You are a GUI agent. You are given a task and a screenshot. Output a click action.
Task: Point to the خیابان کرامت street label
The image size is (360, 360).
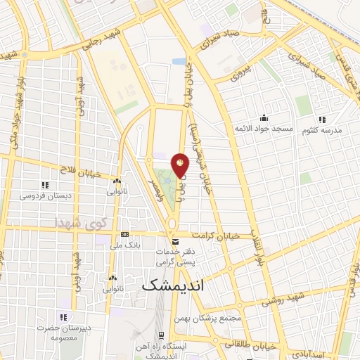point(221,236)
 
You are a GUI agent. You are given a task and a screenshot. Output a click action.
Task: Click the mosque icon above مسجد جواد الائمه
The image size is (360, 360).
point(264,117)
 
